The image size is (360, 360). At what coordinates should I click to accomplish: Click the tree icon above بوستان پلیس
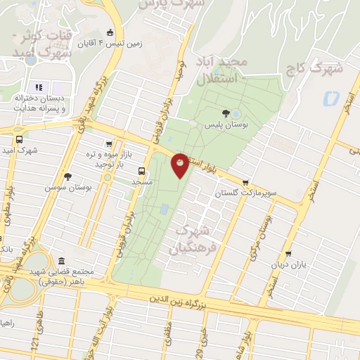[225, 113]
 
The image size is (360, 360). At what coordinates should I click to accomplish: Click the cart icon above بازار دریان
[288, 254]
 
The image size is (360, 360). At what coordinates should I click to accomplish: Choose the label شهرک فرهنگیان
[191, 239]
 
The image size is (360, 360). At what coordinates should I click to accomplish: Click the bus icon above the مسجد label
[143, 170]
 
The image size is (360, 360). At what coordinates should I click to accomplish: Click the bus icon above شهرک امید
[19, 139]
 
